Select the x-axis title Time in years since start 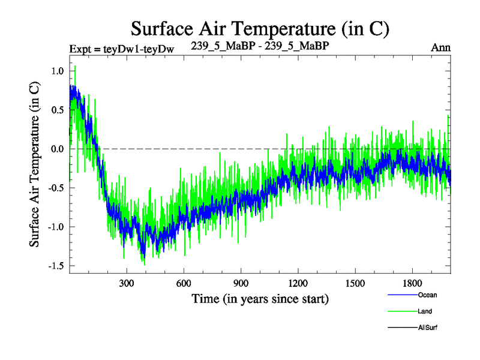(x=260, y=298)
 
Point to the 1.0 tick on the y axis (x=57, y=71)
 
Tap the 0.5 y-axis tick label (x=57, y=110)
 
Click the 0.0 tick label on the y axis (x=57, y=149)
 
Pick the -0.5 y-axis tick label (x=55, y=188)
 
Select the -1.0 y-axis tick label (x=55, y=227)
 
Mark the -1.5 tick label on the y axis (x=55, y=266)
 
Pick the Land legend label (x=424, y=311)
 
